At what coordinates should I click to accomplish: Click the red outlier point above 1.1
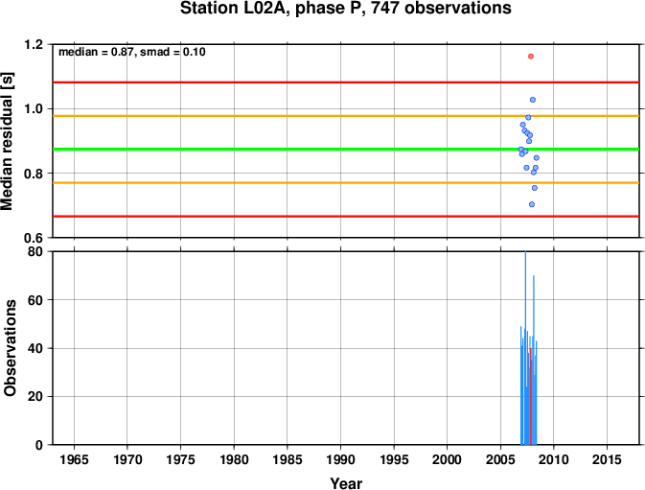click(x=531, y=57)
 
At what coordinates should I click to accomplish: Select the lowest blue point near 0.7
click(x=532, y=204)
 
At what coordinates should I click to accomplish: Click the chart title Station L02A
click(x=346, y=9)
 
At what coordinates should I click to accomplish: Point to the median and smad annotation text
click(x=132, y=52)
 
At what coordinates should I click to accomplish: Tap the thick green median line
click(x=346, y=149)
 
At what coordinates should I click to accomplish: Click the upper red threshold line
click(x=346, y=82)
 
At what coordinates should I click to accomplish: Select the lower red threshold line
click(x=346, y=216)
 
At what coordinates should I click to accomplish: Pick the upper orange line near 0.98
click(x=346, y=116)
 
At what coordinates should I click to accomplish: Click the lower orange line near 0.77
click(x=346, y=182)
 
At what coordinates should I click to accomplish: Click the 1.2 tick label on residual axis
click(x=33, y=44)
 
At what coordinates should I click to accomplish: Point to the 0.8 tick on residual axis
click(x=33, y=174)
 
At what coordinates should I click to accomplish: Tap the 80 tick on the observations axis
click(x=35, y=251)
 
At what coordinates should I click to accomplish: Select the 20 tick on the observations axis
click(x=35, y=397)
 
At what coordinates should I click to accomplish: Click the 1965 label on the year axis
click(x=74, y=459)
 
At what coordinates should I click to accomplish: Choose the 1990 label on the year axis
click(x=340, y=459)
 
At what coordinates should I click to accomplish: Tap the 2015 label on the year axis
click(x=608, y=459)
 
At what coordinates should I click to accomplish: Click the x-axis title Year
click(x=346, y=483)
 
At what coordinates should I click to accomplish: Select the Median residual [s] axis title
click(x=7, y=141)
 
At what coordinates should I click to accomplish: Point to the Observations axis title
click(x=10, y=348)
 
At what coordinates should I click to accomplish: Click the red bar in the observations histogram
click(x=531, y=396)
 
